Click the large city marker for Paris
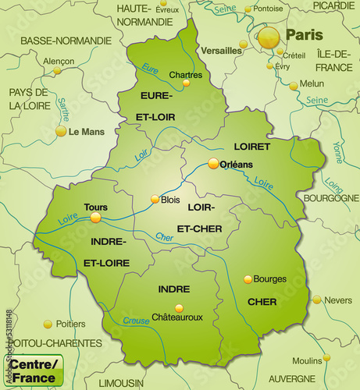(x=268, y=36)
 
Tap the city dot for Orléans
(x=213, y=163)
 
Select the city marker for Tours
(x=95, y=218)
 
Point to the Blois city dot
(x=155, y=199)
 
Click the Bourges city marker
(x=248, y=278)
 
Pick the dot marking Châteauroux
(x=179, y=307)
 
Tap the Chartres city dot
(x=186, y=83)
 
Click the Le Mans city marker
(x=61, y=131)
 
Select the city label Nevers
(x=337, y=300)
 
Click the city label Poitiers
(x=71, y=324)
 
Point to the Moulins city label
(x=307, y=360)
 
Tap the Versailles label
(x=221, y=51)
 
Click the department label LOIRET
(x=251, y=146)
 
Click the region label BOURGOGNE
(x=330, y=198)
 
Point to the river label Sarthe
(x=65, y=110)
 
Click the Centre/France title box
(x=34, y=371)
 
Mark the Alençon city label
(x=59, y=61)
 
